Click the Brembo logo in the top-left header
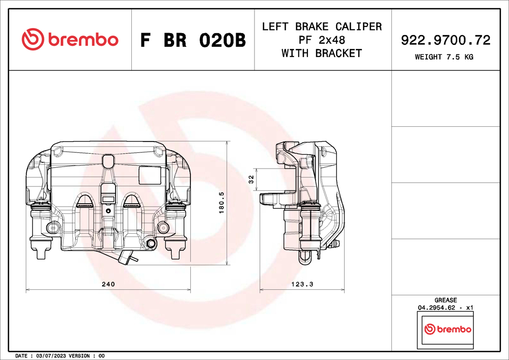(70, 39)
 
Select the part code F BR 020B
(193, 40)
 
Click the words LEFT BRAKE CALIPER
(322, 26)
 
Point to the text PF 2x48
(322, 40)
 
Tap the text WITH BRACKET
(322, 53)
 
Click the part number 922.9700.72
(446, 40)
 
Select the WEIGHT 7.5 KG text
(444, 57)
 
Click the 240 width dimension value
(108, 284)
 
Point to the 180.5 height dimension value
(221, 203)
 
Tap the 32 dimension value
(251, 179)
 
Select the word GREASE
(445, 300)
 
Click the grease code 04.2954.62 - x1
(445, 308)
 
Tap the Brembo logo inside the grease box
(447, 329)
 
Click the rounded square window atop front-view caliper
(108, 161)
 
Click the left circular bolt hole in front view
(51, 227)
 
